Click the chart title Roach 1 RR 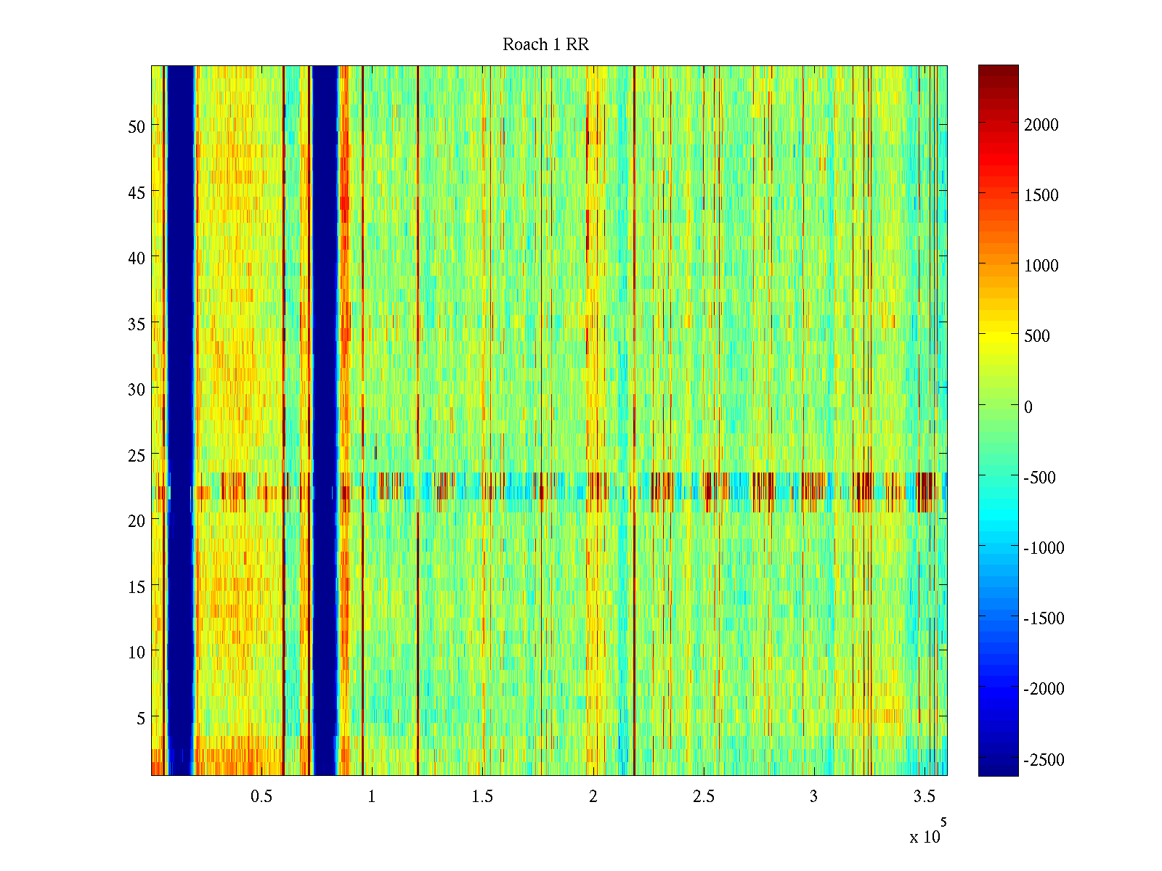click(x=545, y=45)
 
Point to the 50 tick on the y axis click(x=137, y=126)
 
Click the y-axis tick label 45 click(x=137, y=192)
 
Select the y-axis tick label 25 click(x=137, y=455)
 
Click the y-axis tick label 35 click(x=137, y=324)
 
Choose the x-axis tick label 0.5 click(x=261, y=797)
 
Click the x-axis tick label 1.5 click(x=482, y=797)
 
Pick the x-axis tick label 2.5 click(x=703, y=797)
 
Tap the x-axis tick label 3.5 click(x=924, y=797)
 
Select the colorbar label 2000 click(x=1041, y=125)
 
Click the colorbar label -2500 click(x=1044, y=760)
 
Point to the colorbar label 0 click(x=1028, y=407)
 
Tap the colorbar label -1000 click(x=1044, y=548)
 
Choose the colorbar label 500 click(x=1037, y=336)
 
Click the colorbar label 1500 click(x=1041, y=195)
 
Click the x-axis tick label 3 click(x=813, y=797)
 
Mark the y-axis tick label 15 click(x=137, y=586)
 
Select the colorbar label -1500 click(x=1044, y=618)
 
